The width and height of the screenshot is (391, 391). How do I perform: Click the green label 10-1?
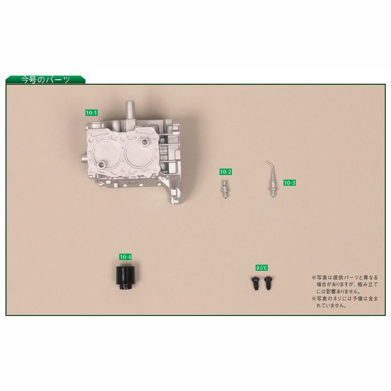pos(91,113)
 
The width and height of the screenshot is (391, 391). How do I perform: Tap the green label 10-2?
pos(226,172)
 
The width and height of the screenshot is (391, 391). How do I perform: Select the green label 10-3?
pos(289,183)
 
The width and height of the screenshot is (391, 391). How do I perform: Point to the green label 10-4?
pos(126,257)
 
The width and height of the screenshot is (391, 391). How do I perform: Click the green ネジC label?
pos(262,268)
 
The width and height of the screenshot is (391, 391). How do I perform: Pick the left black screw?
pos(256,283)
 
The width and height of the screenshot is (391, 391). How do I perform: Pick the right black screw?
pos(268,283)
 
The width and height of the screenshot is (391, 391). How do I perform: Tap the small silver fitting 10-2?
pos(225,189)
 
